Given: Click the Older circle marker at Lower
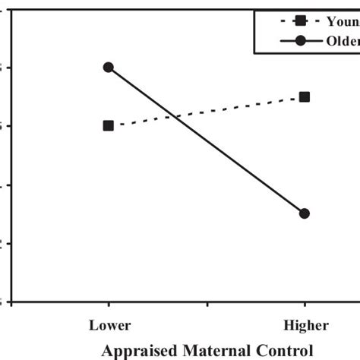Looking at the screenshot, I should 109,67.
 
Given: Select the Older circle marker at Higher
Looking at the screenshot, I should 305,213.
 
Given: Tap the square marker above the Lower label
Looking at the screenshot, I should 109,125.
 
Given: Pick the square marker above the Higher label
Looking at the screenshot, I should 305,96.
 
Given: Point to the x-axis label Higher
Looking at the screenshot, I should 306,326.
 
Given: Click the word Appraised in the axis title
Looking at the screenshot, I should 139,350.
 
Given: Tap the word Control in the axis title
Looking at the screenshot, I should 286,350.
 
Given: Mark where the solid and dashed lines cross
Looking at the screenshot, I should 177,116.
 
